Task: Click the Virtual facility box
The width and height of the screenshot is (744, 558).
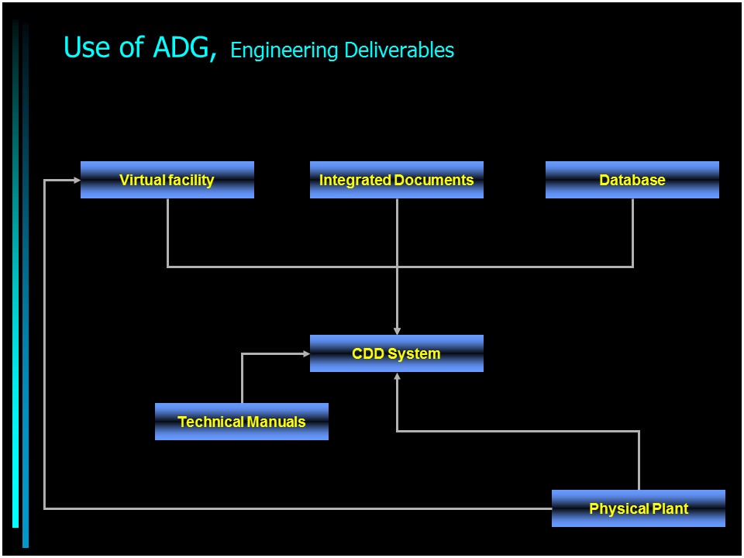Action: click(x=167, y=180)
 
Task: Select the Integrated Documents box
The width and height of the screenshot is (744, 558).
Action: click(x=397, y=180)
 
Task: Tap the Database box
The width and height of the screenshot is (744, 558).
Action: click(x=632, y=180)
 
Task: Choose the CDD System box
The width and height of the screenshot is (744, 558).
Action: click(x=397, y=353)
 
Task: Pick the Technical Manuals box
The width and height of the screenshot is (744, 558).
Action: click(x=242, y=422)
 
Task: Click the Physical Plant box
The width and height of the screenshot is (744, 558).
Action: click(x=638, y=508)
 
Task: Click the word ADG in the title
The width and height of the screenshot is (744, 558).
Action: click(x=181, y=47)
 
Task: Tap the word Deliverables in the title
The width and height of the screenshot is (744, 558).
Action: click(x=399, y=50)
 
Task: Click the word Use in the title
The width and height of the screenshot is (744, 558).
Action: click(x=87, y=47)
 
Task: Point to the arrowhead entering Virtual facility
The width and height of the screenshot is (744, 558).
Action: click(x=77, y=181)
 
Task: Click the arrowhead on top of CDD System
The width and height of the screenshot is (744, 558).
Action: click(x=397, y=331)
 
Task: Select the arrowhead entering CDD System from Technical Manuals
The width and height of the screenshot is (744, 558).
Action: click(x=307, y=353)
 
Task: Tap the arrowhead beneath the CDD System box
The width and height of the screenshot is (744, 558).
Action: click(x=397, y=376)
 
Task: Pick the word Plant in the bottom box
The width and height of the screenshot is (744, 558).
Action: click(x=670, y=508)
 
